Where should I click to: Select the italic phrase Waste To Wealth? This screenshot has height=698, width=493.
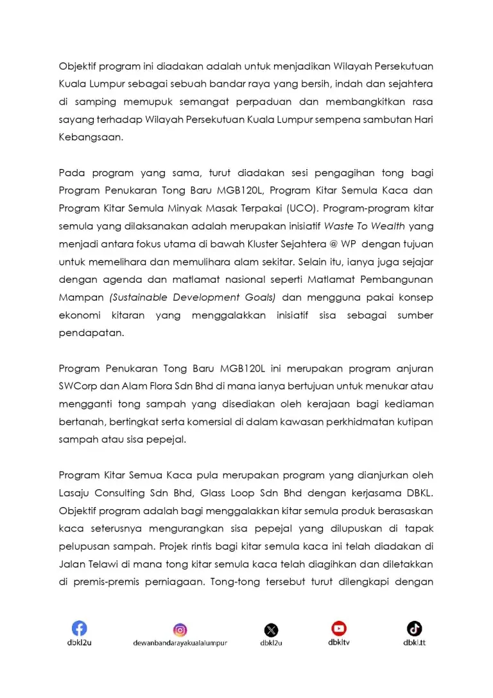pos(363,226)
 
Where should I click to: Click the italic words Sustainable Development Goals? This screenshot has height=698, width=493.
pos(193,298)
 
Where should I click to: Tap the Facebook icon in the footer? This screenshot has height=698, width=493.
pos(79,628)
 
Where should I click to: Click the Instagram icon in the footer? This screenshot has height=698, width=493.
pos(180,630)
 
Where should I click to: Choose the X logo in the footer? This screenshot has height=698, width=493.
pos(272,630)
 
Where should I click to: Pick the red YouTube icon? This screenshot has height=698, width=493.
pos(339,628)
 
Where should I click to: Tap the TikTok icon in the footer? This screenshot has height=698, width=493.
pos(415,628)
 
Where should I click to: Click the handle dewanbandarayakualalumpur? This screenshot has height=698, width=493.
pos(180,642)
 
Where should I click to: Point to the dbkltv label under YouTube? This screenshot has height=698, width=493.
pos(339,641)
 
